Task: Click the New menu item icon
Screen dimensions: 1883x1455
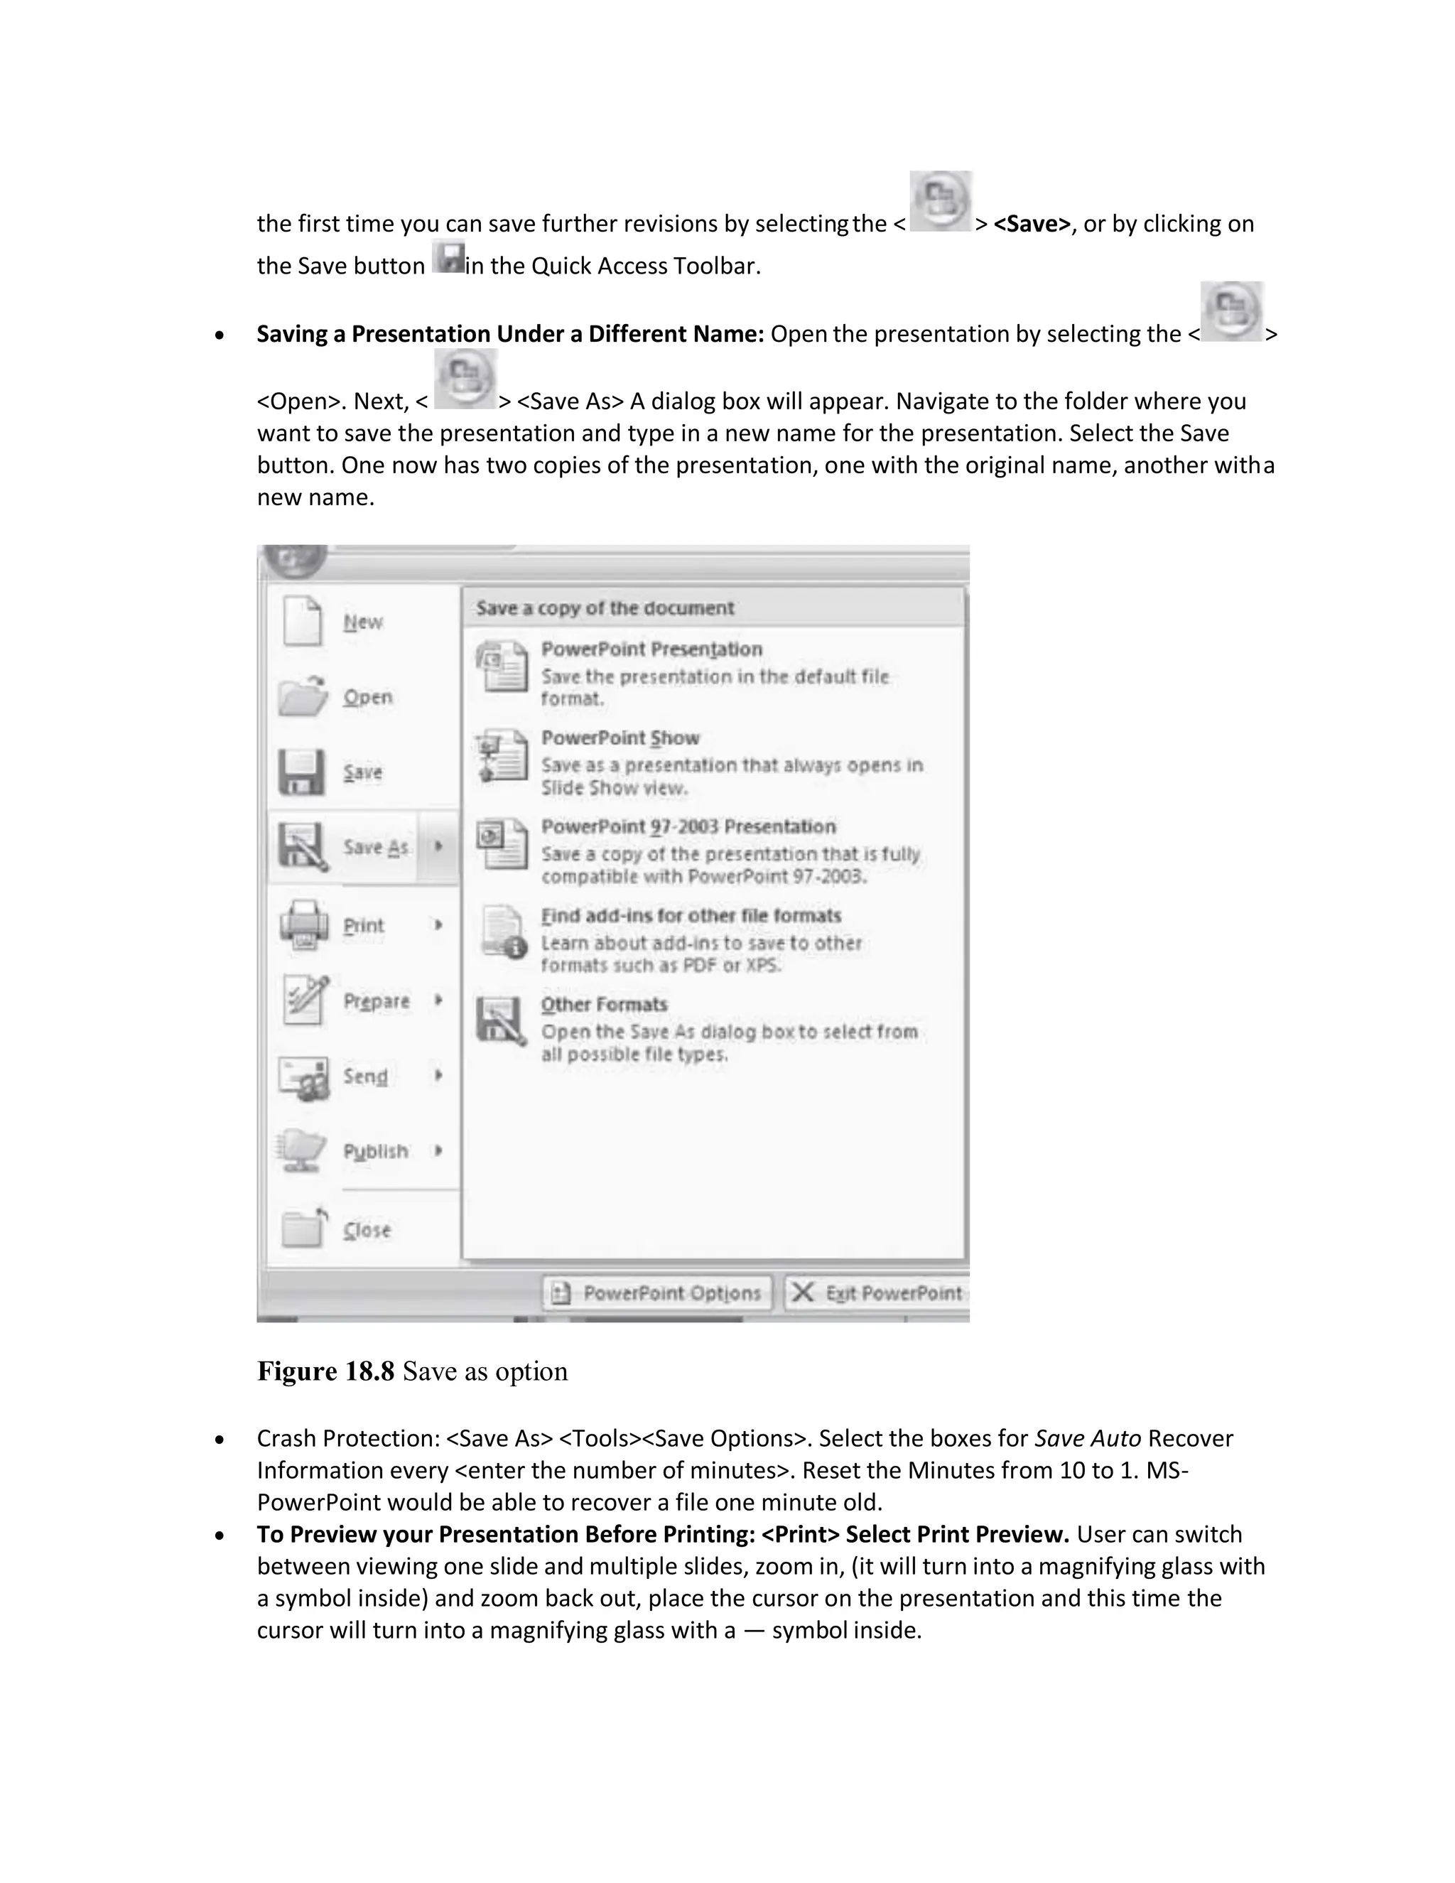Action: click(303, 621)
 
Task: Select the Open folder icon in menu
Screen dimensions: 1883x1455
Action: click(303, 696)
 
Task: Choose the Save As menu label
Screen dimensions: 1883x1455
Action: click(376, 848)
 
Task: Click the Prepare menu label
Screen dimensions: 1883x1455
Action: click(377, 1001)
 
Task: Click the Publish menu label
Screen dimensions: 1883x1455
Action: click(376, 1151)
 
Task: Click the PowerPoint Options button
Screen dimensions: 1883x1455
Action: click(658, 1293)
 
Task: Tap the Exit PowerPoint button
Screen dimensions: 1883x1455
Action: click(877, 1293)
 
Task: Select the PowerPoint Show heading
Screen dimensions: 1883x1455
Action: click(620, 738)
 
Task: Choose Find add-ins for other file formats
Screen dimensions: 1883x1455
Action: click(691, 916)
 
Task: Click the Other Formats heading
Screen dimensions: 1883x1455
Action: click(603, 1005)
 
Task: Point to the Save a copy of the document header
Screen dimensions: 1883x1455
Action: click(605, 608)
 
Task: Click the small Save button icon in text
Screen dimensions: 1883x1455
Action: click(448, 259)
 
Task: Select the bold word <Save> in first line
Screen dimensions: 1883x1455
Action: click(1031, 224)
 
